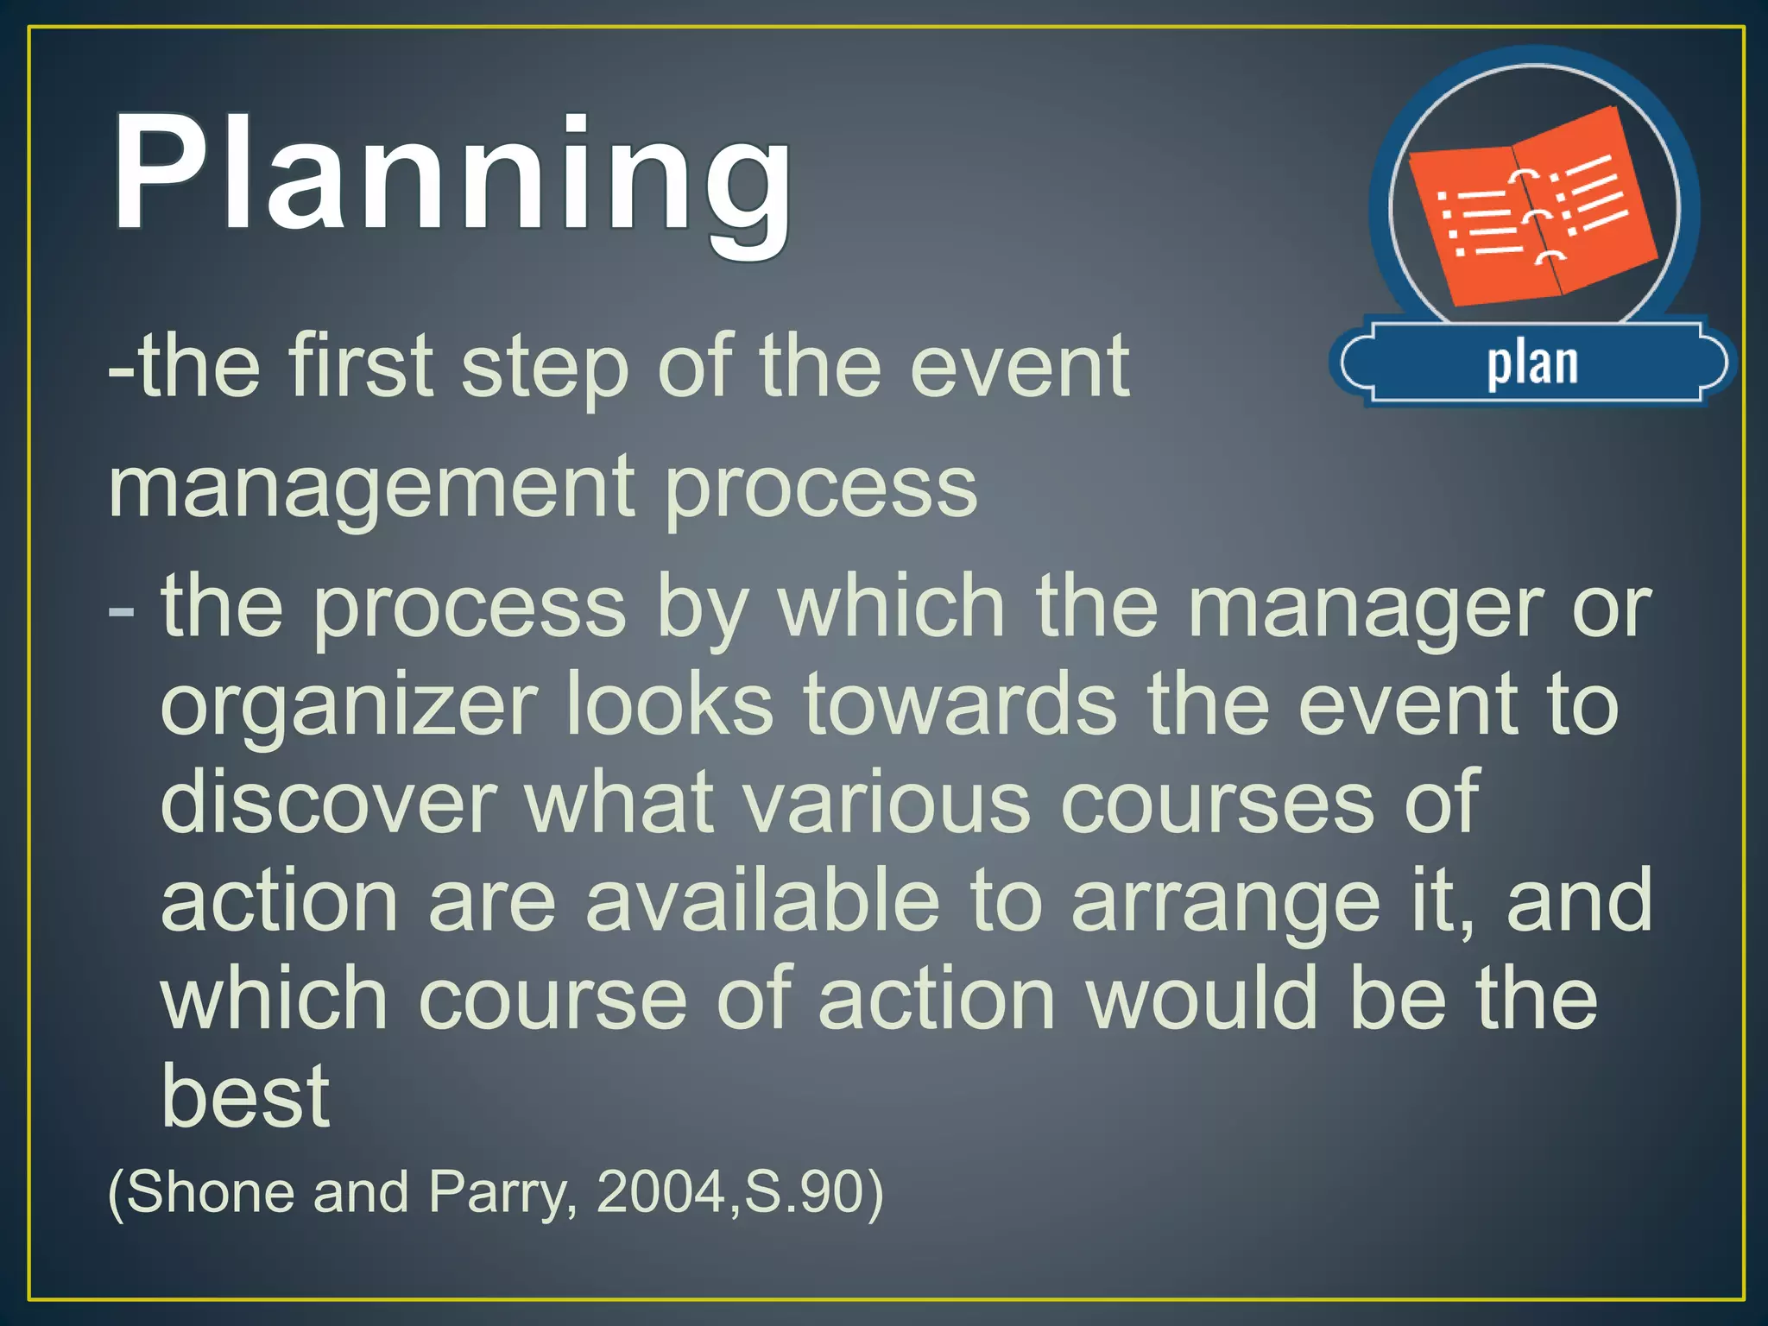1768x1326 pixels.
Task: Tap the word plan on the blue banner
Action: point(1532,363)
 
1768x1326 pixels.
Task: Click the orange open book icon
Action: point(1532,207)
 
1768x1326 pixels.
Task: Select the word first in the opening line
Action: point(361,366)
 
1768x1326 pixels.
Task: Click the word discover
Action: point(329,803)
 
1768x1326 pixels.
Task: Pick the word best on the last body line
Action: point(245,1096)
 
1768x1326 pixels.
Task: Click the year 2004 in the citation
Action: point(661,1192)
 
